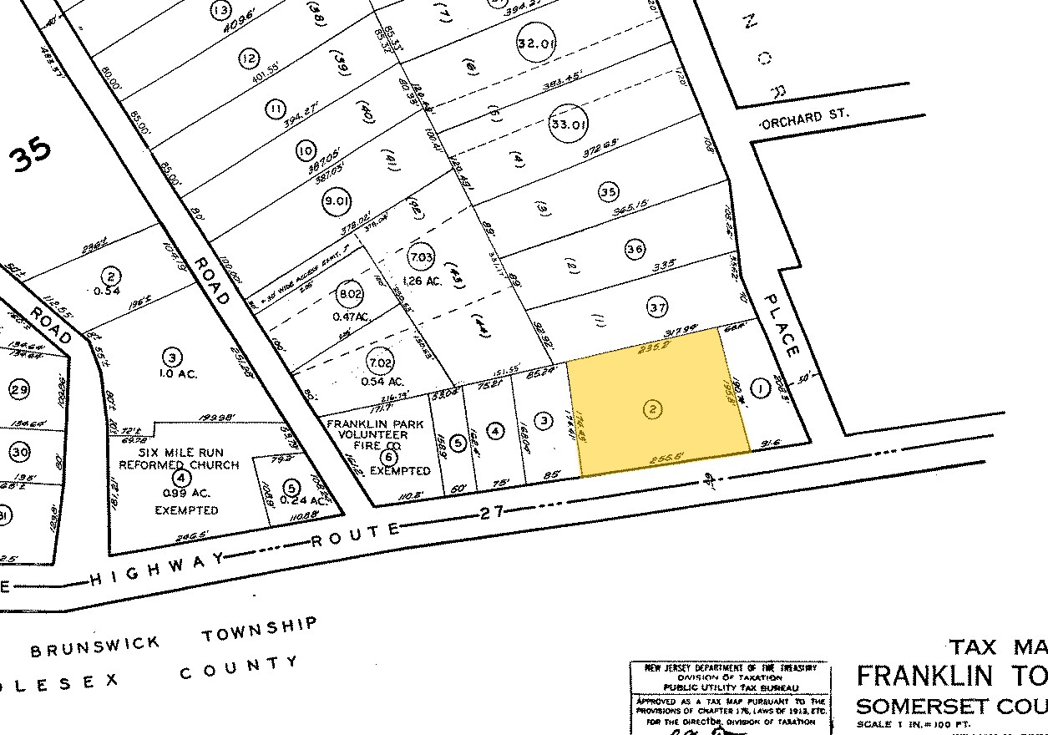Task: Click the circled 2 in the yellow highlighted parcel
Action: coord(654,409)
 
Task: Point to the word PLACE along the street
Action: coord(782,327)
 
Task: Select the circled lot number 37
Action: coord(658,308)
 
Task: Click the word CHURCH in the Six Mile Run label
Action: coord(212,465)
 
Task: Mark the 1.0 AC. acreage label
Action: coord(175,374)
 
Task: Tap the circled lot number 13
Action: coord(221,11)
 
